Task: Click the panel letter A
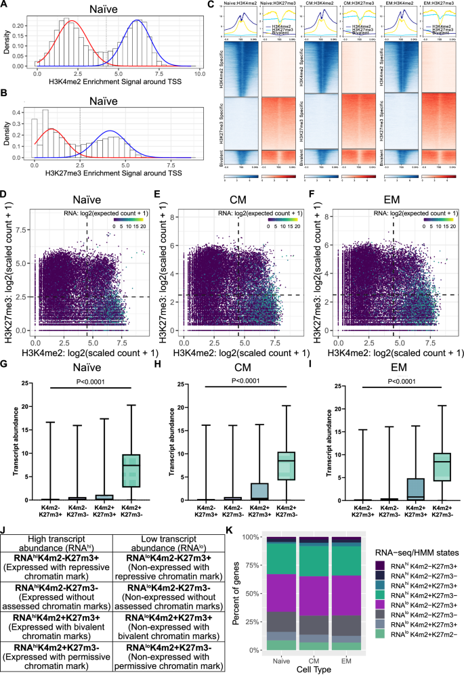pos(5,5)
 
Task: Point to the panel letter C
pos(219,5)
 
